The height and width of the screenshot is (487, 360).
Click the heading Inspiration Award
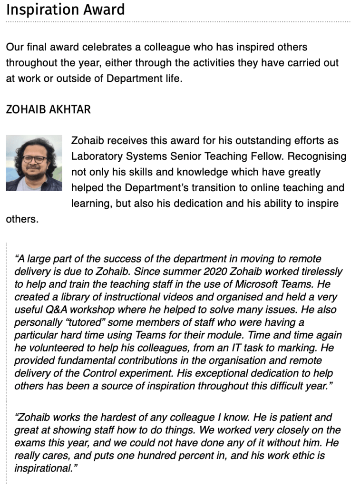[x=65, y=10]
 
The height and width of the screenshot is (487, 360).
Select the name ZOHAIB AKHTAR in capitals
[x=48, y=110]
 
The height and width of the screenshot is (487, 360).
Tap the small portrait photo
[x=34, y=163]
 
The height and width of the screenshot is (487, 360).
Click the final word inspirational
[x=42, y=468]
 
